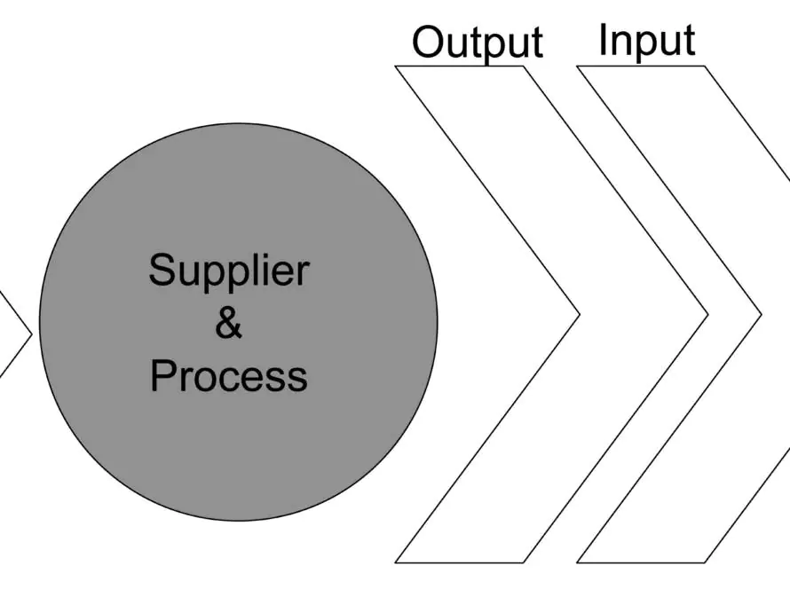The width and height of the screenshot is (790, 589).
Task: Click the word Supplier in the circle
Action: pyautogui.click(x=229, y=271)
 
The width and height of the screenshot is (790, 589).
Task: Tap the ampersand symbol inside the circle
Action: pyautogui.click(x=228, y=324)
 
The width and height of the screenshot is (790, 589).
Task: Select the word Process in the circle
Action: pyautogui.click(x=229, y=375)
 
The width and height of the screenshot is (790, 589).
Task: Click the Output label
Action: pyautogui.click(x=478, y=43)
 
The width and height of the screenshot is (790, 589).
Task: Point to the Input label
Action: pyautogui.click(x=647, y=41)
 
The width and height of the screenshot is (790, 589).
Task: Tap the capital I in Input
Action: pyautogui.click(x=602, y=39)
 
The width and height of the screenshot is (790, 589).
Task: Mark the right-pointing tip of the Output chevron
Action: pyautogui.click(x=708, y=315)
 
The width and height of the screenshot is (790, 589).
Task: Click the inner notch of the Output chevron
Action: pyautogui.click(x=580, y=315)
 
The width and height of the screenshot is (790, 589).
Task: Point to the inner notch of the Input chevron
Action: pyautogui.click(x=762, y=315)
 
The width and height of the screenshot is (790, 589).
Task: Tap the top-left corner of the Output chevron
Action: pyautogui.click(x=395, y=66)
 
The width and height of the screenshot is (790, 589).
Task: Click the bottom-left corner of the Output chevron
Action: pyautogui.click(x=395, y=562)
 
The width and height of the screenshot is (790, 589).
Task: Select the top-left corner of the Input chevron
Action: pyautogui.click(x=576, y=66)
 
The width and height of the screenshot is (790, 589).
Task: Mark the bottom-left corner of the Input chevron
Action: pyautogui.click(x=576, y=562)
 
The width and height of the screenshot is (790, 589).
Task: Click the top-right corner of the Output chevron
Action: pyautogui.click(x=524, y=66)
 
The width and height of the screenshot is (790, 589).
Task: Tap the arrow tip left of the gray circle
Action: pyautogui.click(x=32, y=334)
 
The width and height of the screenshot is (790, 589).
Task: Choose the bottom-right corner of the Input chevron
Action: pyautogui.click(x=706, y=562)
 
